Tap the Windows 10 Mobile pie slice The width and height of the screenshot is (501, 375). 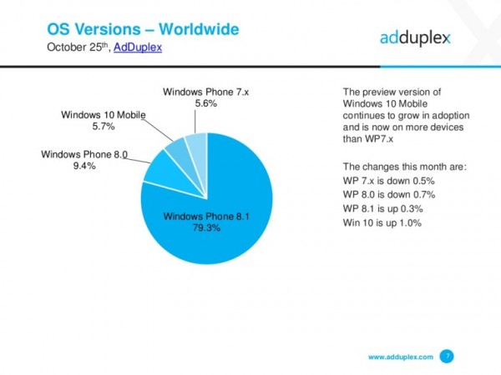178,151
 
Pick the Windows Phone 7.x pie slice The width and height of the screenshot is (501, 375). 196,144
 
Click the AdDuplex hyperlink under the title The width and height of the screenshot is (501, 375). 137,48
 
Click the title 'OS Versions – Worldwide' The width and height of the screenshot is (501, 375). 142,30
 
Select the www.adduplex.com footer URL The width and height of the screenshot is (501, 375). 401,357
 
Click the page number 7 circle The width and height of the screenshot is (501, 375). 448,357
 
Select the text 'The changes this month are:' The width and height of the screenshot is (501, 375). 405,167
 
